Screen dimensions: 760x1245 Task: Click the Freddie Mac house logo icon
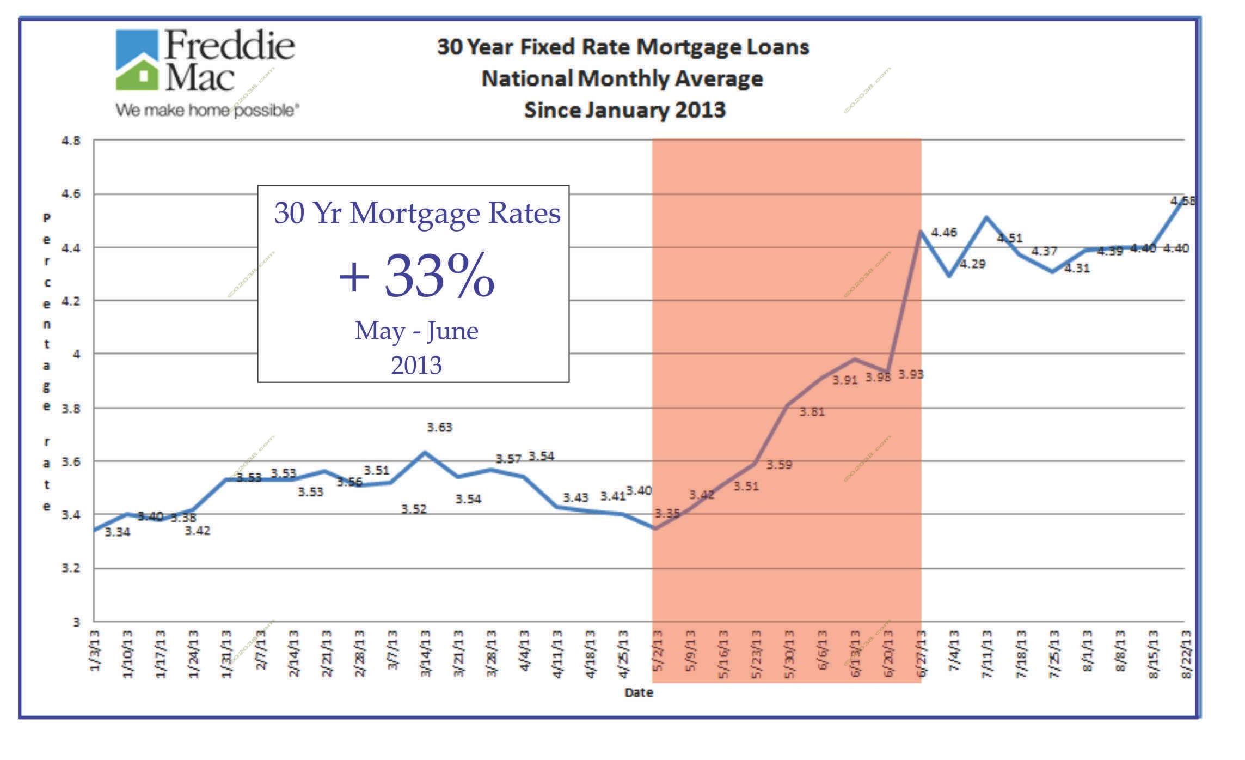click(x=137, y=60)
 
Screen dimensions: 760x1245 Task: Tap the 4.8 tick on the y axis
click(x=70, y=141)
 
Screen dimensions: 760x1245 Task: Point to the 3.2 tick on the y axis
click(x=70, y=568)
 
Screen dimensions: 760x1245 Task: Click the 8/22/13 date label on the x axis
click(x=1186, y=654)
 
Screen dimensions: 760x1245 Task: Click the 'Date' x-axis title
click(x=639, y=692)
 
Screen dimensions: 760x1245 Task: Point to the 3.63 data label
click(x=439, y=428)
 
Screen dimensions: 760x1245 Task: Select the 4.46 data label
click(x=944, y=233)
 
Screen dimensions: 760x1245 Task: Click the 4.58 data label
click(x=1182, y=201)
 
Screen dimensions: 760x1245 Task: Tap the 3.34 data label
click(x=117, y=532)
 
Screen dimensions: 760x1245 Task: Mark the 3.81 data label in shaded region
click(x=812, y=412)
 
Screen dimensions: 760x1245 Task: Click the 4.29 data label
click(x=972, y=264)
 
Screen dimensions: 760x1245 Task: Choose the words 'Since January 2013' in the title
click(x=624, y=110)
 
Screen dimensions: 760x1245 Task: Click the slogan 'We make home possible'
click(x=207, y=111)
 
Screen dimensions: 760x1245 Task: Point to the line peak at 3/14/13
click(x=425, y=452)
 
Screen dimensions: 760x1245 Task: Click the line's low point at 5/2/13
click(x=654, y=528)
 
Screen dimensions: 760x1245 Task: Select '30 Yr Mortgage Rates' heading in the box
click(x=417, y=213)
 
